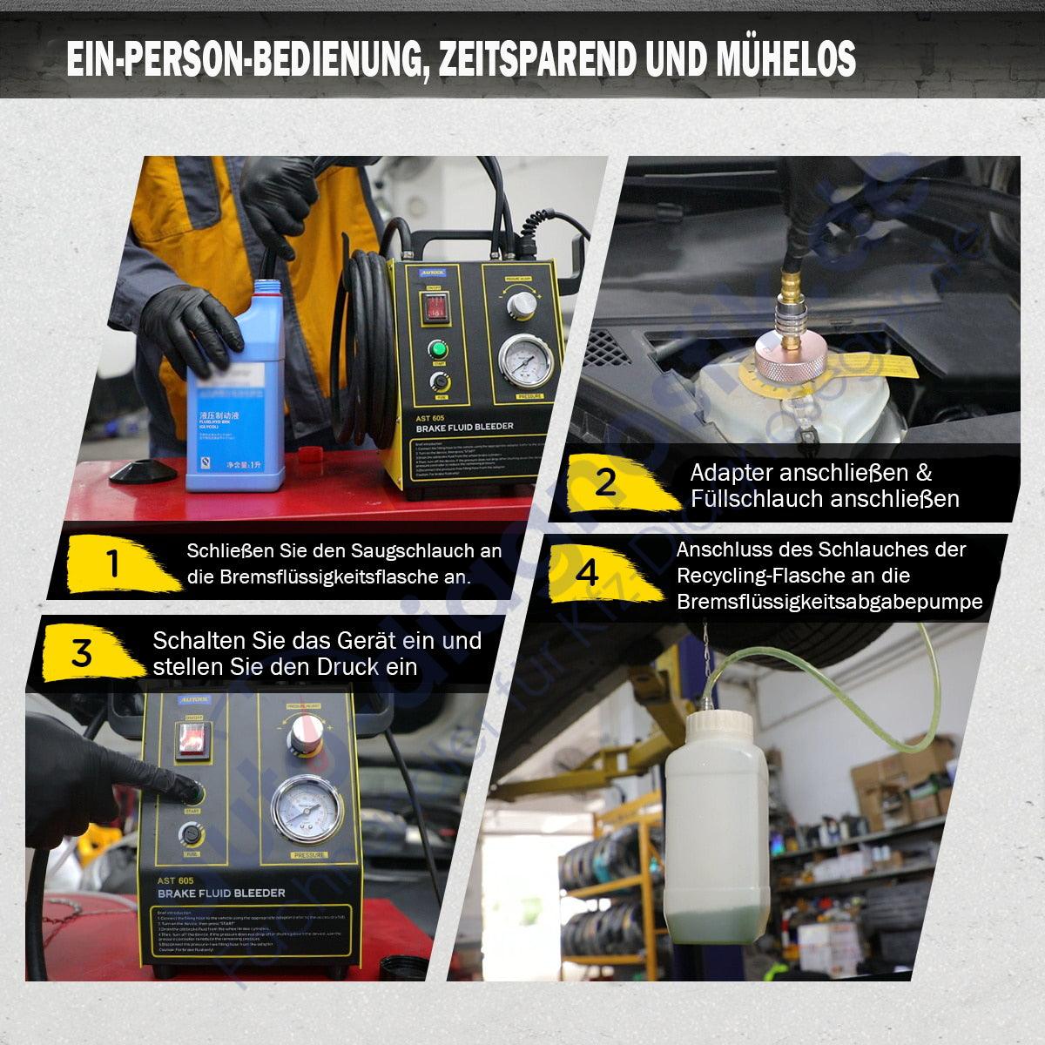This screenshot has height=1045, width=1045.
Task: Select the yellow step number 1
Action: pos(112,564)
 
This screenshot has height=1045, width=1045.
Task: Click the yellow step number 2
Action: pos(605,482)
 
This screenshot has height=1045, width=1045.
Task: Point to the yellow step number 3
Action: pos(81,652)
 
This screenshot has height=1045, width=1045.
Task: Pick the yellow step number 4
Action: pos(587,574)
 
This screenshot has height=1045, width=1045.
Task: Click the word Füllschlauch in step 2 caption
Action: pos(756,499)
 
